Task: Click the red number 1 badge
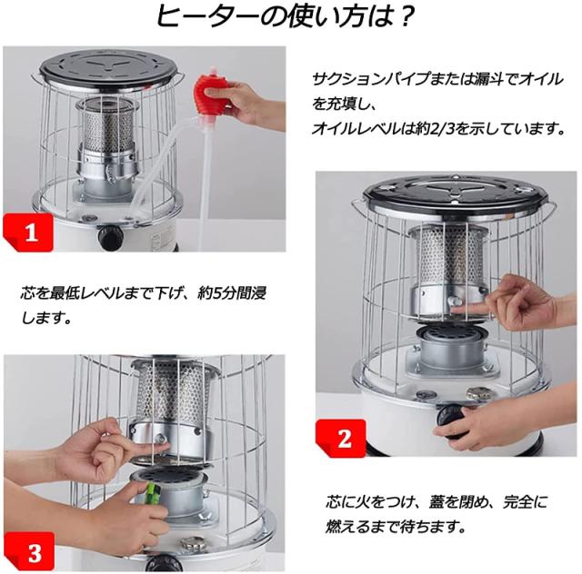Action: tap(28, 233)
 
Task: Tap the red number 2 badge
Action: tap(341, 439)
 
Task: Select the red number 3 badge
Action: tap(29, 552)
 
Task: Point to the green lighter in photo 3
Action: tap(152, 492)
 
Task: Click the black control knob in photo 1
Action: tap(110, 236)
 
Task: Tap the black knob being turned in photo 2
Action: tap(450, 421)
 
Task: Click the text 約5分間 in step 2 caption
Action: tap(224, 293)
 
